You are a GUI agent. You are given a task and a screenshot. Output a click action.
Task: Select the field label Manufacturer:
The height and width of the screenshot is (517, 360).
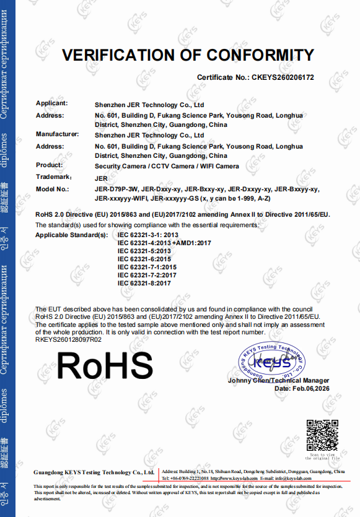pyautogui.click(x=57, y=134)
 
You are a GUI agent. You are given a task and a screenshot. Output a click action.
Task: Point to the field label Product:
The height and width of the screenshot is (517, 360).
pyautogui.click(x=50, y=165)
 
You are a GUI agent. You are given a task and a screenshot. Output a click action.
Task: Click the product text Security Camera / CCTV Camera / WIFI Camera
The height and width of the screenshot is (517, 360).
pyautogui.click(x=167, y=167)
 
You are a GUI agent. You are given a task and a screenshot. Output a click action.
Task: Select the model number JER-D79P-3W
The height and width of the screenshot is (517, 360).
pyautogui.click(x=116, y=189)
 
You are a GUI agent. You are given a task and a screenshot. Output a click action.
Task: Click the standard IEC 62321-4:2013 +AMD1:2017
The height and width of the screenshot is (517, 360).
pyautogui.click(x=164, y=243)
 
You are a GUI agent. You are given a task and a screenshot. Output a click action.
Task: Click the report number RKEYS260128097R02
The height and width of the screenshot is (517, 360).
pyautogui.click(x=68, y=339)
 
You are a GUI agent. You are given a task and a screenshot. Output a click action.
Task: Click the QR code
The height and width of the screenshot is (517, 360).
pyautogui.click(x=323, y=435)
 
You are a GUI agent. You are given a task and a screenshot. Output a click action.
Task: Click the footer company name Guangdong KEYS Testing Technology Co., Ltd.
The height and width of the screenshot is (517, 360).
pyautogui.click(x=92, y=472)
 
